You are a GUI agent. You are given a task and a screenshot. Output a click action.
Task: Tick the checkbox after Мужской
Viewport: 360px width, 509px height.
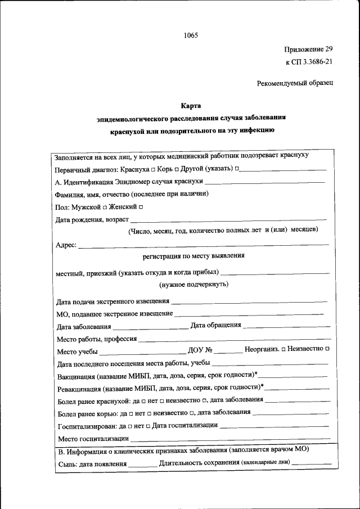[105, 208]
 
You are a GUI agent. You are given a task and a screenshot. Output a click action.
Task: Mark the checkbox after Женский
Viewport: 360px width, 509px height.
[141, 208]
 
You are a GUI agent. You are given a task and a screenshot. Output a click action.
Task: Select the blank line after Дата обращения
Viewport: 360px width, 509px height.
[287, 326]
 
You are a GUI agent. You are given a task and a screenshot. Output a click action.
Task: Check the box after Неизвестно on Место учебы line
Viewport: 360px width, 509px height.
[327, 349]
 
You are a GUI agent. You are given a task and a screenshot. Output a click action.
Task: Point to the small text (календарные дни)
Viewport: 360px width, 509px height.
[265, 463]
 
